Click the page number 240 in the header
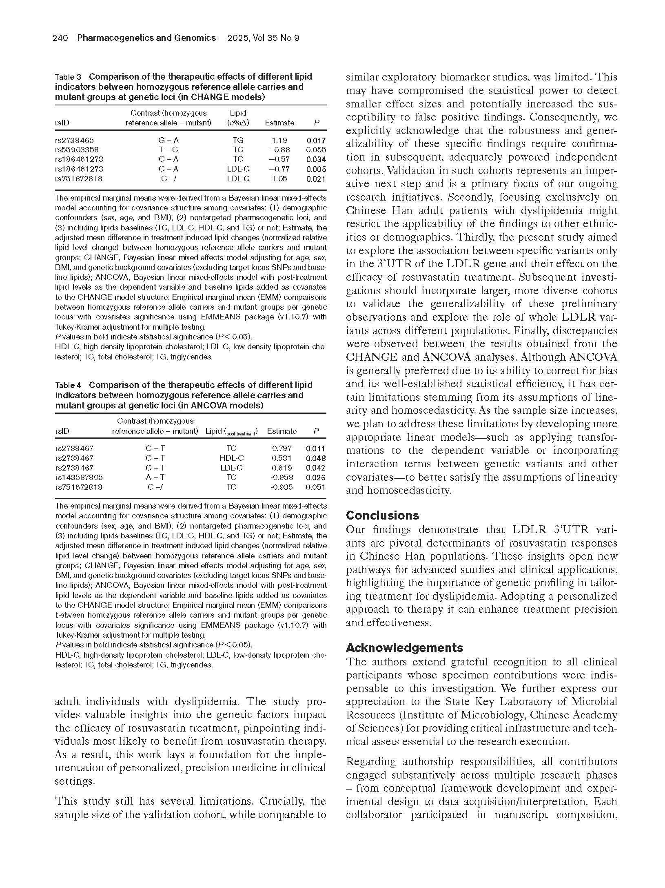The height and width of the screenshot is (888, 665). tap(60, 38)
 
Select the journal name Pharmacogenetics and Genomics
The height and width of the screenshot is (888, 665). tap(146, 38)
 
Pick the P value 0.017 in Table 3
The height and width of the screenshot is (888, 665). tap(316, 141)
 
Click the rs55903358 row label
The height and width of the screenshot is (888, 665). tap(77, 150)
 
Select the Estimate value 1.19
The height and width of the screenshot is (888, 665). tap(279, 141)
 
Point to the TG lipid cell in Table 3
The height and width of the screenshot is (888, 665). tap(238, 141)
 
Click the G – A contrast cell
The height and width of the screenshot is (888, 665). tap(168, 141)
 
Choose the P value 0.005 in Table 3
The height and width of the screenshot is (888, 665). tap(316, 169)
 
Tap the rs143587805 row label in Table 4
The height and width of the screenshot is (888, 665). tap(79, 477)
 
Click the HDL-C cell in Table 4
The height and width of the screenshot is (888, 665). tap(231, 458)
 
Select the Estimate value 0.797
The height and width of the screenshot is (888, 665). tap(282, 448)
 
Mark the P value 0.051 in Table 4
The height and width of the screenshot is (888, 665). tap(316, 487)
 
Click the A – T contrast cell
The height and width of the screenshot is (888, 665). tap(155, 477)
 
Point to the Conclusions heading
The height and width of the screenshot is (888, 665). tap(382, 515)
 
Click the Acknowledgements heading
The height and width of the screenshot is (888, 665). tap(404, 648)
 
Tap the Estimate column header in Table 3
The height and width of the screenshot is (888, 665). tap(279, 123)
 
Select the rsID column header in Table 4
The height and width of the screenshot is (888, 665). tap(62, 431)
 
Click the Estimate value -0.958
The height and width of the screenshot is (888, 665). tap(282, 477)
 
